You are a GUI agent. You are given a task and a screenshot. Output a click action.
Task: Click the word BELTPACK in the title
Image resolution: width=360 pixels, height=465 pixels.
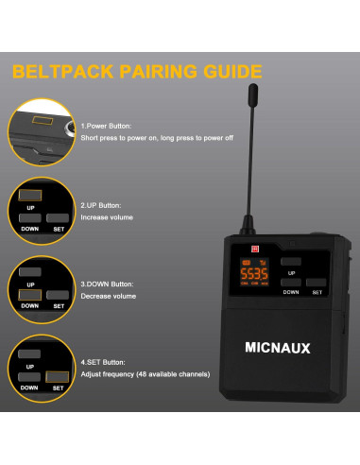click(68, 71)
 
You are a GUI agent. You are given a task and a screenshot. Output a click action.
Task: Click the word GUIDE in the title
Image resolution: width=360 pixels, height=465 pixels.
click(228, 71)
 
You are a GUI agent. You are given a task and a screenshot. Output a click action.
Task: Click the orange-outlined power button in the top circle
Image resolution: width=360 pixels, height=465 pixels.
click(42, 123)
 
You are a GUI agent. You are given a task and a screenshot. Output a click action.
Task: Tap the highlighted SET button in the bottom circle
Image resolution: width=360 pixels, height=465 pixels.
click(59, 378)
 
